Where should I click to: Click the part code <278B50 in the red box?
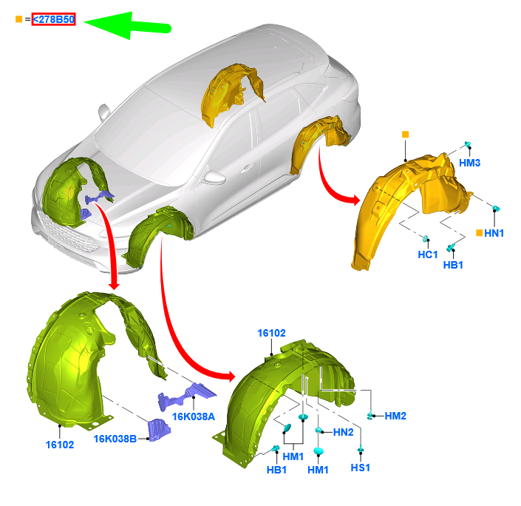[x=53, y=19]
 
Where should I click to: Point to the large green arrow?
[x=127, y=26]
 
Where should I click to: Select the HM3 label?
[x=469, y=163]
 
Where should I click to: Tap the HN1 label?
[x=494, y=233]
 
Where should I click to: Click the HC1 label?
[x=428, y=254]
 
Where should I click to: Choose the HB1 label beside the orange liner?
[x=453, y=265]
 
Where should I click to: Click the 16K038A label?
[x=194, y=416]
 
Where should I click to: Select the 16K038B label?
[x=115, y=439]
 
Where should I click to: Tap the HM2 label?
[x=395, y=416]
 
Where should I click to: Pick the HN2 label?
[x=343, y=432]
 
